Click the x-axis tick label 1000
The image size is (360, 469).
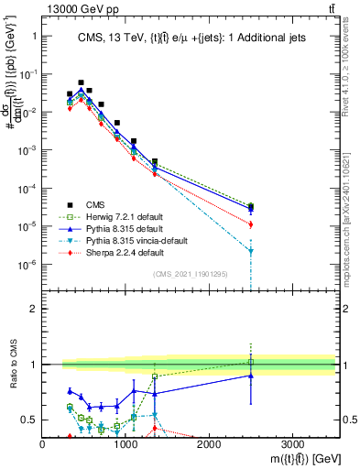125,444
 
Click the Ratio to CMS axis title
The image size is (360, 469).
12,376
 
